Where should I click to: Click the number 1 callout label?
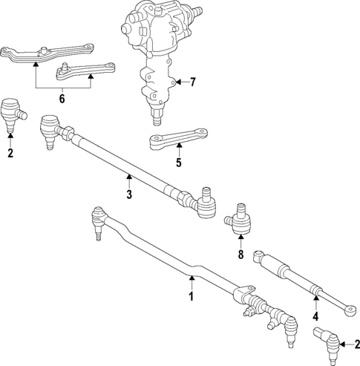191,297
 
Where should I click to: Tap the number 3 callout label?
128,195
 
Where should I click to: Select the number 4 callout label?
315,316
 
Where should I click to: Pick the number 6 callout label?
62,97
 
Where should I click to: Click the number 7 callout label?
193,82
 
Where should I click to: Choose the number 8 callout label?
240,255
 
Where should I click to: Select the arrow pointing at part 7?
180,82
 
